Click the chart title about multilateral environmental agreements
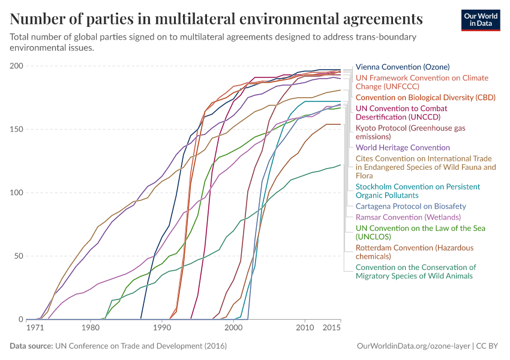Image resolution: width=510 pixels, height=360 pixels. (217, 19)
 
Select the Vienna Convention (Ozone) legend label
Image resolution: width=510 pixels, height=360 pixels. (402, 67)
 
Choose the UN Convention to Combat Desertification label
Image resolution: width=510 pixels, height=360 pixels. (401, 113)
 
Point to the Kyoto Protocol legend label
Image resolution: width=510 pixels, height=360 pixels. (402, 132)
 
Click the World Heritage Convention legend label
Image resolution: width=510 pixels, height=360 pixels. (403, 148)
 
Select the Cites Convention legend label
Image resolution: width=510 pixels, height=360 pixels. (425, 167)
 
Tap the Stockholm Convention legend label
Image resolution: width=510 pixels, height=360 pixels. (418, 191)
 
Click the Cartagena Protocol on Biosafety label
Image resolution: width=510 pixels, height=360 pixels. (411, 206)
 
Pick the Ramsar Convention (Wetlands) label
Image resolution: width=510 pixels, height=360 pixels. (408, 217)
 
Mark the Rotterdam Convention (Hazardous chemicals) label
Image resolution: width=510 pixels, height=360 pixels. (415, 252)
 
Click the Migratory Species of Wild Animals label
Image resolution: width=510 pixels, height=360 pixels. (416, 271)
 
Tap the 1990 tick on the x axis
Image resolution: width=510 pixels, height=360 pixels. (161, 328)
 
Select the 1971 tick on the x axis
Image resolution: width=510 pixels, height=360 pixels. (35, 328)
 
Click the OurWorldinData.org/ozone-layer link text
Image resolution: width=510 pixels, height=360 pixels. (413, 346)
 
